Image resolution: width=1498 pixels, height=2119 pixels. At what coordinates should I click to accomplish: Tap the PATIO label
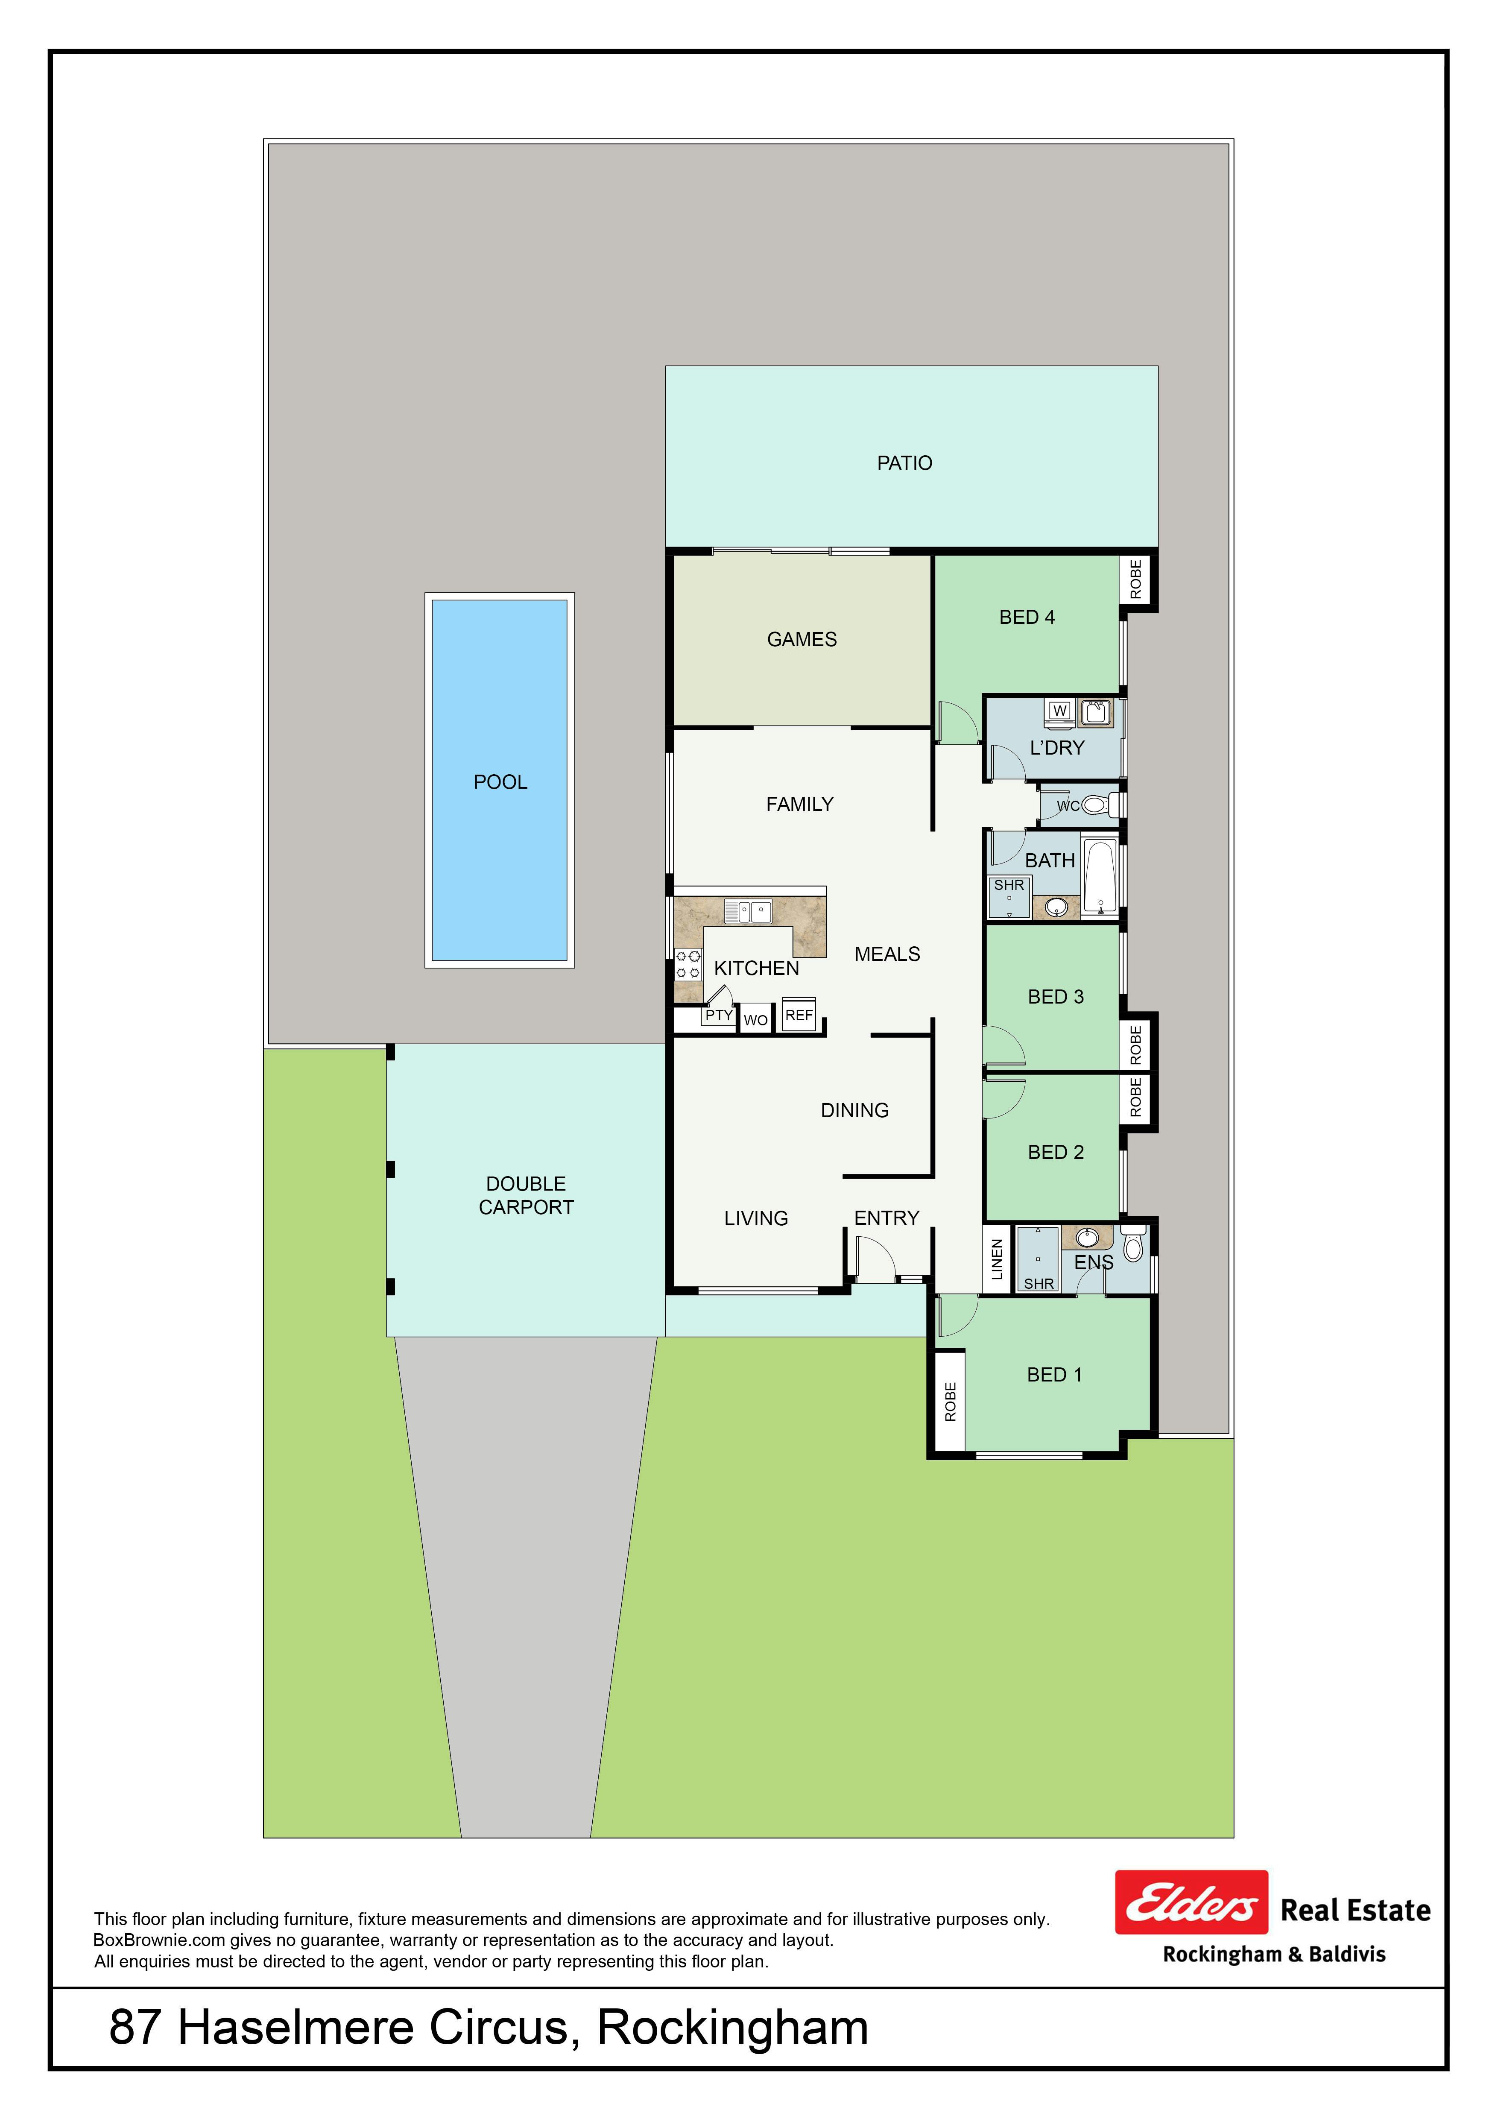[904, 463]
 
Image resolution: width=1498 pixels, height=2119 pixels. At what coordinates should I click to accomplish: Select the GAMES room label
[802, 640]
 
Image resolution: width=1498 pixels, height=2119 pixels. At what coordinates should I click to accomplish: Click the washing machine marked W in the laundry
[1059, 711]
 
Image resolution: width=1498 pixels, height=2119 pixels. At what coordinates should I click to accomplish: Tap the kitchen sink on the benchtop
[749, 912]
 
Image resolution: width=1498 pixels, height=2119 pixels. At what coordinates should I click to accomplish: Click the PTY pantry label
[718, 1015]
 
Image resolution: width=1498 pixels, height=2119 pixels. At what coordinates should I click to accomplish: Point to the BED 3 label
[1056, 997]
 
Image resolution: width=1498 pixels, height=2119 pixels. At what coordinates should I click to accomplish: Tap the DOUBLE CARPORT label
[526, 1195]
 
